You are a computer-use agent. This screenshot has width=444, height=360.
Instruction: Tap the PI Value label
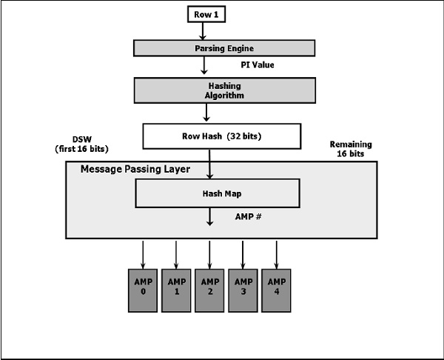tap(258, 64)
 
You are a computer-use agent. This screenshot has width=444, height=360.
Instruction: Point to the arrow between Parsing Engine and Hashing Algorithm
tap(204, 65)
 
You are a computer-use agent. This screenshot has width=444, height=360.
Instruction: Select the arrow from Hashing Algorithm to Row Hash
tap(208, 113)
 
